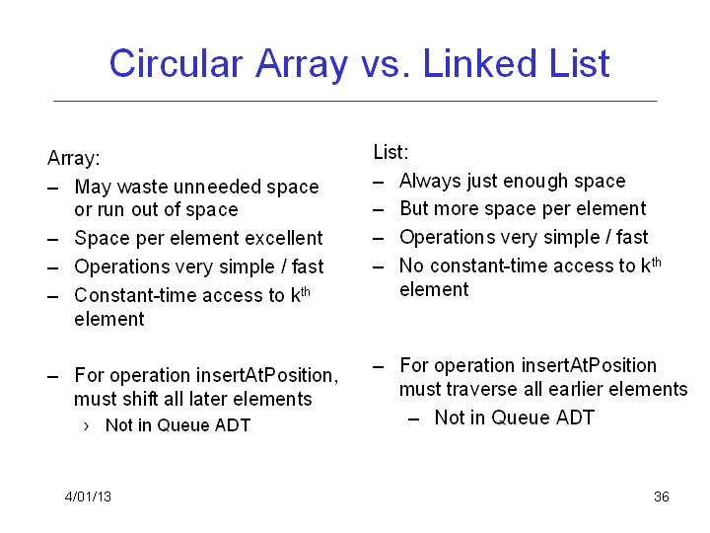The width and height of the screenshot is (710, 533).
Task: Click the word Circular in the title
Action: [177, 63]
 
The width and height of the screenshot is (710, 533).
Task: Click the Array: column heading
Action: [73, 158]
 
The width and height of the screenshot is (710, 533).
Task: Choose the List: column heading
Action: [390, 152]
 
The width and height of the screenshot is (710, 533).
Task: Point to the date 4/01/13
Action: [88, 496]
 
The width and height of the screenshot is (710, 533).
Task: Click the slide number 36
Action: [662, 496]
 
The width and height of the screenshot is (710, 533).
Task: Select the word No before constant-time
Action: [411, 266]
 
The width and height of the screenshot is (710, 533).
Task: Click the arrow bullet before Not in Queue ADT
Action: [86, 426]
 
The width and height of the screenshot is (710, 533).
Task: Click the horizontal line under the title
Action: [355, 101]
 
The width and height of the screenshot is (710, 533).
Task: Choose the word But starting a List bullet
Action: [414, 209]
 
